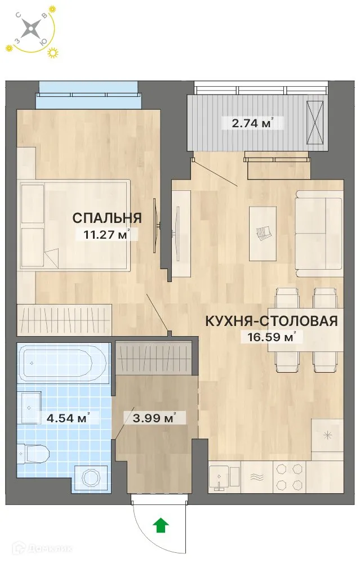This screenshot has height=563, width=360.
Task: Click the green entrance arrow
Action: [161, 526]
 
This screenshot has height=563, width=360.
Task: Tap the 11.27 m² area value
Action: [107, 235]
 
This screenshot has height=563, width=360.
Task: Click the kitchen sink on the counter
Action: [224, 477]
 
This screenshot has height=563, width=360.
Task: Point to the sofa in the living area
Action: [319, 231]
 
